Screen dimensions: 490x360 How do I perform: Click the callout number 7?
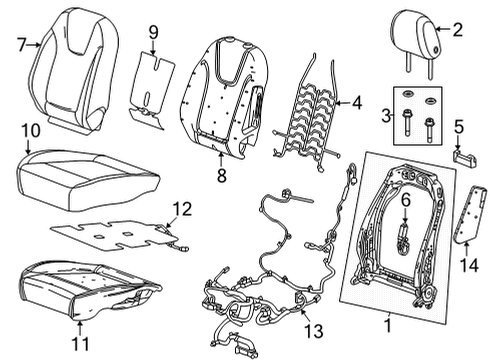(x=22, y=44)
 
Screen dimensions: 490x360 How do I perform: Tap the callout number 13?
(x=314, y=331)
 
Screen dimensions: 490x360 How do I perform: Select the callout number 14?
(x=469, y=265)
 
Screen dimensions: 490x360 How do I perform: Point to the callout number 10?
(x=31, y=131)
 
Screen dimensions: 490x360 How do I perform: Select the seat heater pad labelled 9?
(x=152, y=89)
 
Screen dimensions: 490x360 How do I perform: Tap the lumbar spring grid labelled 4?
(x=307, y=112)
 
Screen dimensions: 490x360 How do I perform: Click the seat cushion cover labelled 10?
(x=87, y=180)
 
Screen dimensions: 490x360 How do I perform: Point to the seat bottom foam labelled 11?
(x=88, y=289)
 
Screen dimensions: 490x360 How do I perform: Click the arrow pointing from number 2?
(x=443, y=29)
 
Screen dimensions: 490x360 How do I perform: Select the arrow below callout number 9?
(x=153, y=47)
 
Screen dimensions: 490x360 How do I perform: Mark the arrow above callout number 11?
(x=80, y=327)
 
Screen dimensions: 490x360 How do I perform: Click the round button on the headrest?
(x=436, y=50)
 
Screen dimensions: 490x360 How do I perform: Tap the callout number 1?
(x=388, y=326)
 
